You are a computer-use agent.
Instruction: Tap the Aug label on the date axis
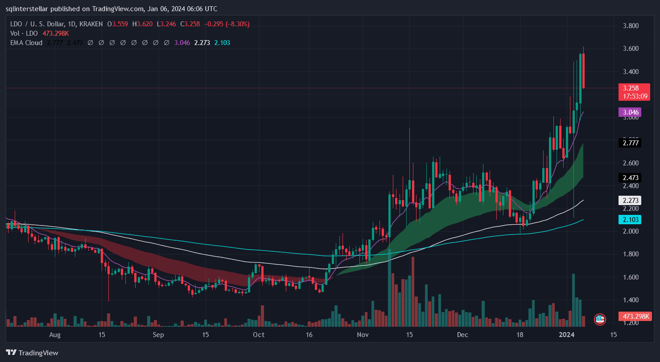[x=54, y=334]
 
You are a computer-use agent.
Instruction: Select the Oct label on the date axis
[x=259, y=334]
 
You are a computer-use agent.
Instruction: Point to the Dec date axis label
[x=462, y=334]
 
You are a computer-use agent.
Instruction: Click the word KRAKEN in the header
[x=90, y=24]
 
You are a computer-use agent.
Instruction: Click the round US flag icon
[x=600, y=319]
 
